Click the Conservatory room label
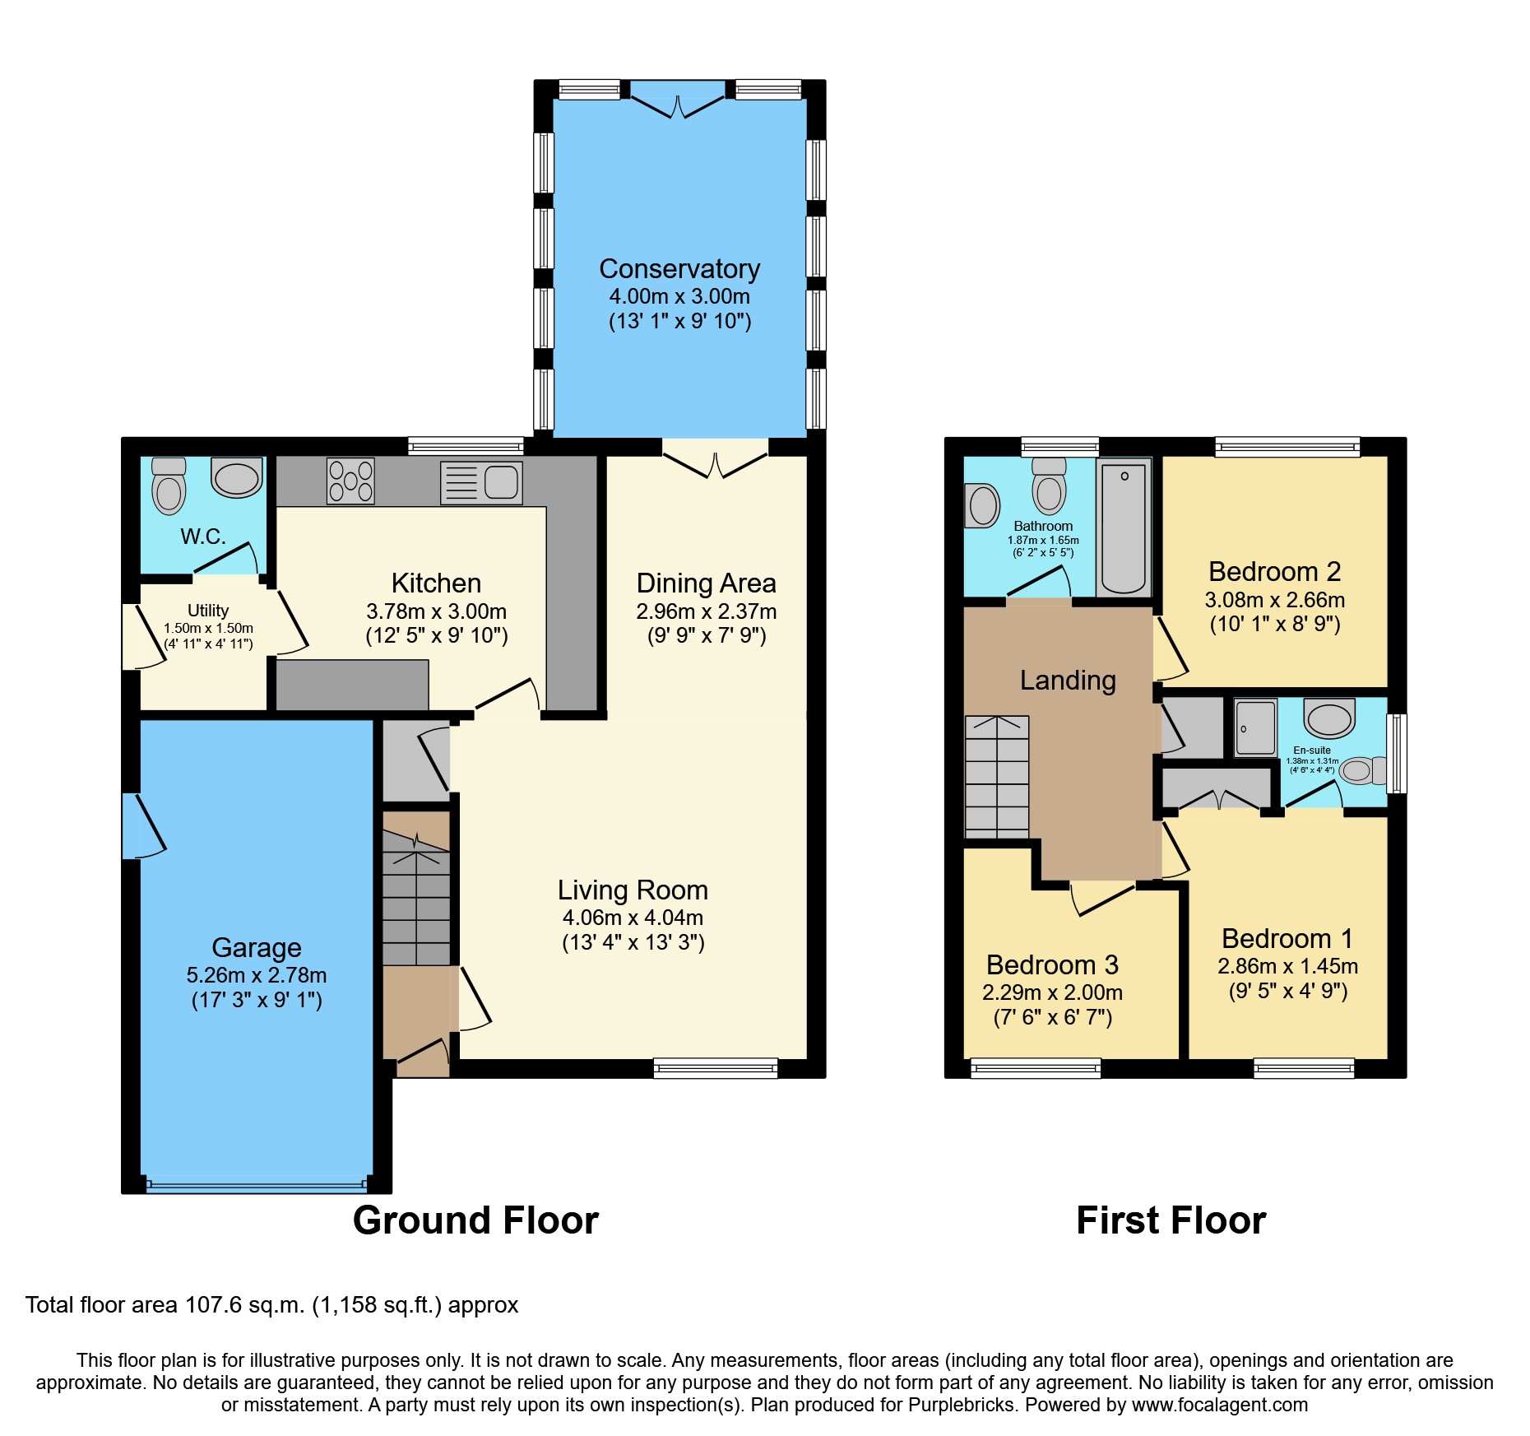point(679,269)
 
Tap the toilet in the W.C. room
point(169,486)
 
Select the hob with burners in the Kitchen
point(350,481)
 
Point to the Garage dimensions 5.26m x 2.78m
point(257,975)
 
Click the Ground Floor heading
point(475,1220)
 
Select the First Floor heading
point(1171,1220)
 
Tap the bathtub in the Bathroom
point(1123,527)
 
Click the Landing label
point(1068,681)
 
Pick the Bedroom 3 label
point(1052,964)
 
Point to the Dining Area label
point(706,583)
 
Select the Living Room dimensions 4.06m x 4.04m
point(633,918)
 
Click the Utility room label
point(208,611)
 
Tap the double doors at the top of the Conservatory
point(679,105)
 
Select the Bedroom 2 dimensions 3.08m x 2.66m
point(1274,600)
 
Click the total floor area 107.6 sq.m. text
point(271,1305)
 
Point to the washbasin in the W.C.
point(237,478)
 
